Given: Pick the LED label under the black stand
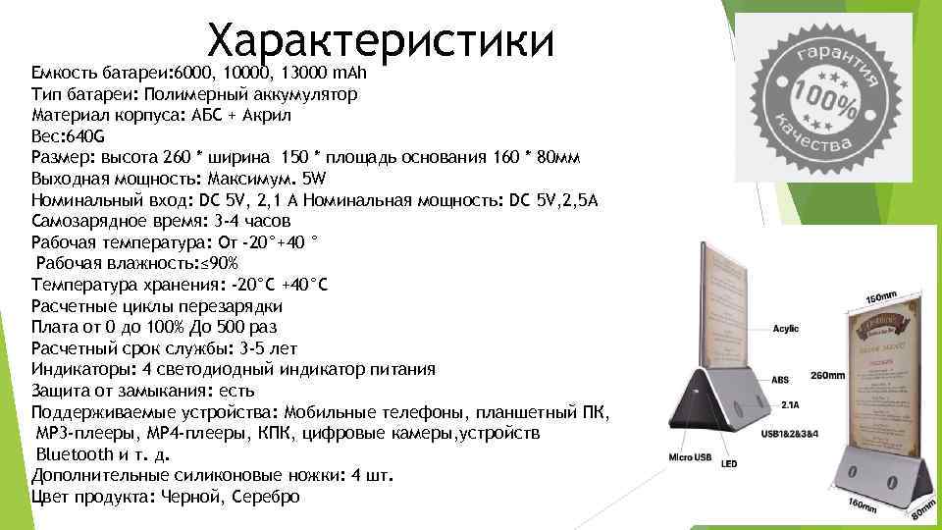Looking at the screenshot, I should click(x=728, y=463).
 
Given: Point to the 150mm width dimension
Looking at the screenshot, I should click(x=879, y=296).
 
